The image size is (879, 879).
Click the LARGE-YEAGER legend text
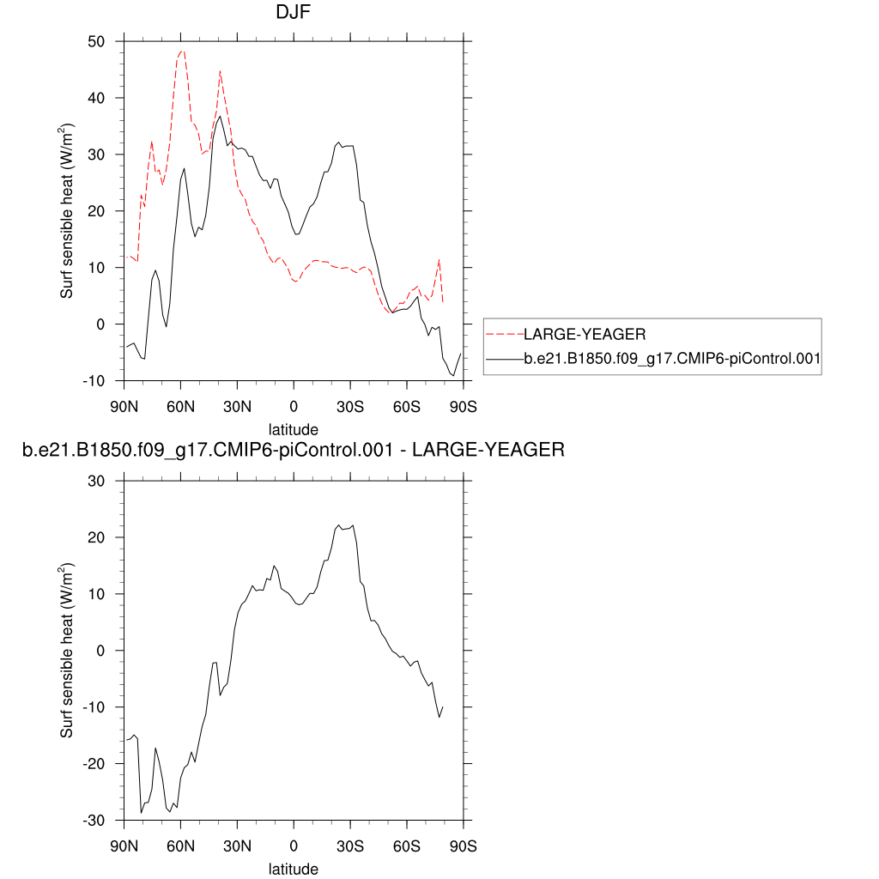(x=584, y=335)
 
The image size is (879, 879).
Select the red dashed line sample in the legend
(x=504, y=335)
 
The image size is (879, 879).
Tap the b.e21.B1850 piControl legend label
(x=672, y=362)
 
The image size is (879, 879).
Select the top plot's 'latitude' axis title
(x=294, y=428)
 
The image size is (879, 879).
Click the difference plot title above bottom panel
(x=294, y=449)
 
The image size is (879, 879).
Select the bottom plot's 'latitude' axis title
(x=294, y=869)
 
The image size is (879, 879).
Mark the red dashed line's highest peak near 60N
(x=181, y=51)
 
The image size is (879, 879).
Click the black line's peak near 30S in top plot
(x=339, y=142)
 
